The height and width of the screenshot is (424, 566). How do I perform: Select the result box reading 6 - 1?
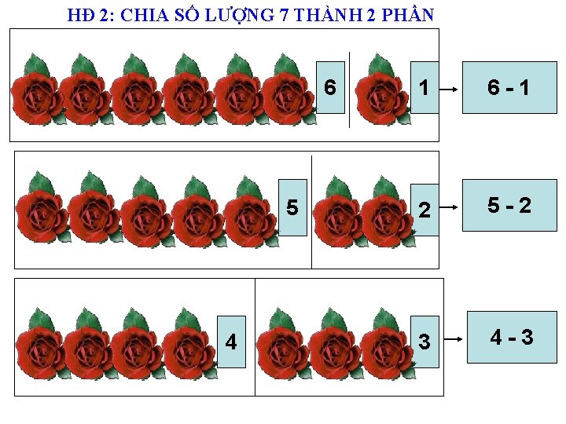coord(508,87)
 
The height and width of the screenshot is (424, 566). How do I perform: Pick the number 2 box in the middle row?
coord(424,210)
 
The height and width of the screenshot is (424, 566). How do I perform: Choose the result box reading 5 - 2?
coord(509,205)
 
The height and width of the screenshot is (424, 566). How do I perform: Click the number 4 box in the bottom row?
coord(230,342)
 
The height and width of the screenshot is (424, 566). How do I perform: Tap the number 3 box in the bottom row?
coord(424,342)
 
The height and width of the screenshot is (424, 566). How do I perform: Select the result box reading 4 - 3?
coord(512,338)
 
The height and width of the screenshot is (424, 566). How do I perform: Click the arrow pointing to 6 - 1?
coord(449,90)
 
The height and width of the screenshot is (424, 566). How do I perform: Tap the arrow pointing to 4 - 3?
coord(450,341)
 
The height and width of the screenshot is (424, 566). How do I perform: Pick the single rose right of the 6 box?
coord(381,90)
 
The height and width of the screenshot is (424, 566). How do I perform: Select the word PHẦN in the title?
coord(410,15)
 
